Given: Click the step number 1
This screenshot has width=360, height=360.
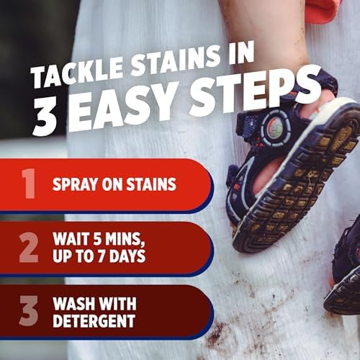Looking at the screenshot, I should [x=29, y=184].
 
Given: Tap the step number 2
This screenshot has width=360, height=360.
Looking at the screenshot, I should [x=29, y=247].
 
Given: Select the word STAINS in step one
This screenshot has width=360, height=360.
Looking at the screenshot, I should [x=150, y=184].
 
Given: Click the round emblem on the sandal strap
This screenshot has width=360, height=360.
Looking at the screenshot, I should [x=275, y=129].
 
